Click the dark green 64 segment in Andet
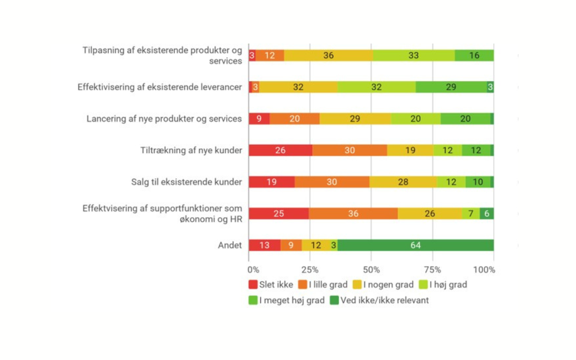415,245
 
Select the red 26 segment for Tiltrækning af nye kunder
280,150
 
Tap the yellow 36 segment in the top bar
328,55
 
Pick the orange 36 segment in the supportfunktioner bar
353,213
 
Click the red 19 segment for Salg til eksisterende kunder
272,182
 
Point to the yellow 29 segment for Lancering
355,118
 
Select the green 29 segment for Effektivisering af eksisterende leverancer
451,87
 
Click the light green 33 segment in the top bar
414,55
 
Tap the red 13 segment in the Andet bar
265,245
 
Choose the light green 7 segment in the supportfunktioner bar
471,213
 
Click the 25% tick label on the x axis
310,270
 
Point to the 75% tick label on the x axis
432,270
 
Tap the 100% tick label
484,270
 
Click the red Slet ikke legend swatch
253,284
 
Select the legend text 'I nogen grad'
388,284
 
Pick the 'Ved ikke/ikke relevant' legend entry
384,300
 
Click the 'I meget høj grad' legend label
292,300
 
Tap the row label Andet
230,245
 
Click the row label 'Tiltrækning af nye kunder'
191,150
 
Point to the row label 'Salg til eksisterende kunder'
186,182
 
